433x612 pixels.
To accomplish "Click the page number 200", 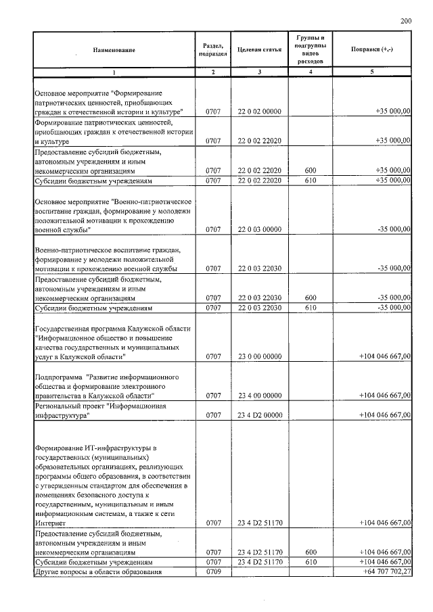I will tap(406, 22).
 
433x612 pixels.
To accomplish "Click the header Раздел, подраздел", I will tap(213, 49).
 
